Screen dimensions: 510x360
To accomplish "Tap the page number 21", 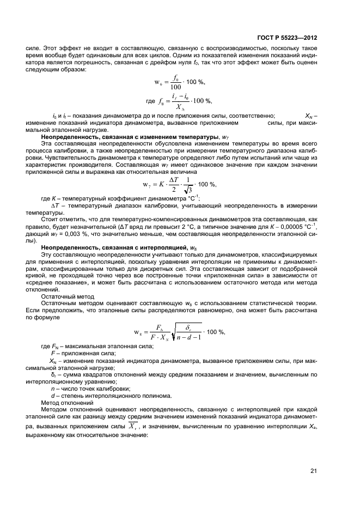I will click(x=314, y=471).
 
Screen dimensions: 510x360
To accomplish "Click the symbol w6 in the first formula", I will click(x=158, y=82).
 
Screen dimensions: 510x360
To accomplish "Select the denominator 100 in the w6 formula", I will click(x=175, y=87).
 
